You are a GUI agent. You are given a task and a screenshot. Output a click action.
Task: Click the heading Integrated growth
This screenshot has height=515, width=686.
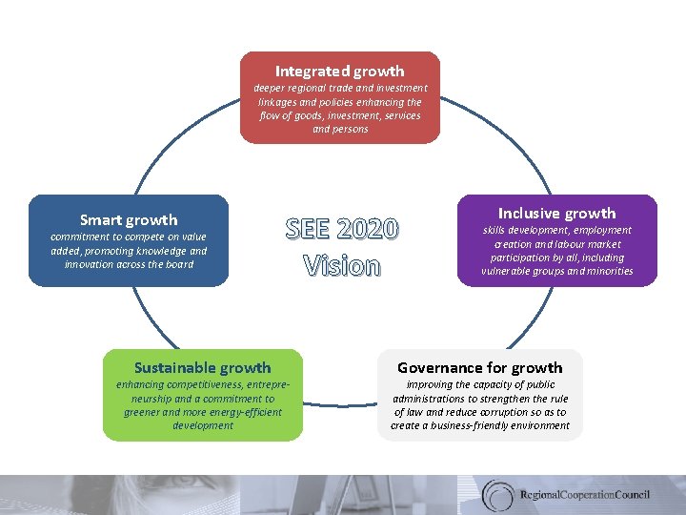(339, 71)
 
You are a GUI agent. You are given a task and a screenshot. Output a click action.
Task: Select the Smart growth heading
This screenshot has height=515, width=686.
(129, 219)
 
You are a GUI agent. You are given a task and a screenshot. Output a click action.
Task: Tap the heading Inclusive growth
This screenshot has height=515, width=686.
(557, 213)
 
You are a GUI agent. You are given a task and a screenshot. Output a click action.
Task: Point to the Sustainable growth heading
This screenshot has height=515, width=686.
(202, 367)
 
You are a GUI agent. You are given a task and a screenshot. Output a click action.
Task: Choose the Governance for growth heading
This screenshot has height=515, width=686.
(479, 367)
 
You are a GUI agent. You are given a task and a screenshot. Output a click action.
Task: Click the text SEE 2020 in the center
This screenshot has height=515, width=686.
(341, 230)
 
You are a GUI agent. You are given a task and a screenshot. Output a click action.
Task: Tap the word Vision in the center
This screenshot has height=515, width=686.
(341, 265)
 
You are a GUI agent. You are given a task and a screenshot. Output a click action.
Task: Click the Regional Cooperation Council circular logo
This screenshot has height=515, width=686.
(498, 495)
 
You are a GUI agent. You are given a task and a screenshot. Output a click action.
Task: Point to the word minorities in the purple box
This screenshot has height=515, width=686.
(602, 271)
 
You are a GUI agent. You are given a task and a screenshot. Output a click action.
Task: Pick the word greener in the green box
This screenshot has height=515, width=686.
(144, 412)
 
